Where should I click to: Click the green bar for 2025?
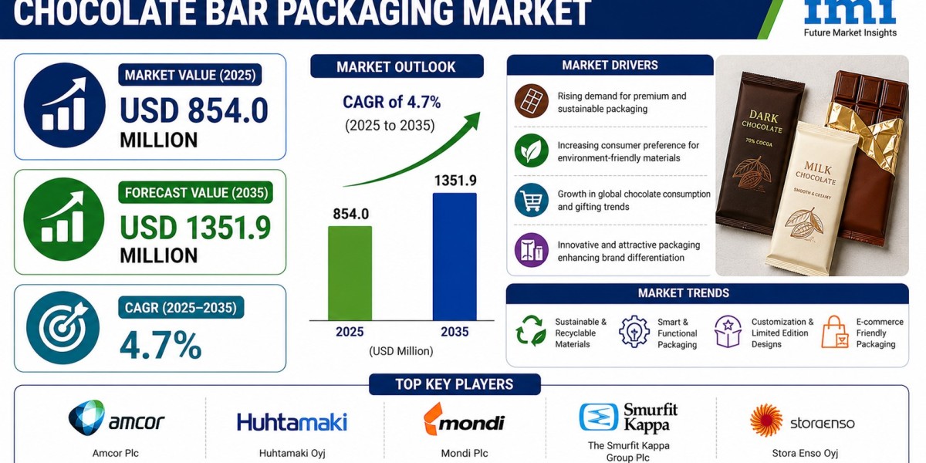tap(350, 273)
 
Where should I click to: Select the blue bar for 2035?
tap(455, 257)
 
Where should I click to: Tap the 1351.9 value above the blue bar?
tap(455, 181)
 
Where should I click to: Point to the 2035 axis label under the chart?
tap(455, 332)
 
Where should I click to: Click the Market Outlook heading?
tap(397, 66)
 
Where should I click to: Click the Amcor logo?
tap(117, 418)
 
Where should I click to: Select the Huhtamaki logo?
tap(292, 422)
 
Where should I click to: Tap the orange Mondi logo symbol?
tap(433, 418)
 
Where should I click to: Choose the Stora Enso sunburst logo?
tap(766, 421)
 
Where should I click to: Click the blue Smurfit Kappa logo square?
tap(599, 417)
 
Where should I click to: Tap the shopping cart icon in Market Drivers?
tap(531, 200)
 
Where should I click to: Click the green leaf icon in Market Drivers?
tap(531, 150)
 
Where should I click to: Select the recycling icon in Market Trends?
tap(531, 330)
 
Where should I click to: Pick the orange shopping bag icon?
tap(835, 332)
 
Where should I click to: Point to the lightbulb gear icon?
tap(634, 331)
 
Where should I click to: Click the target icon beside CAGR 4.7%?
tap(63, 328)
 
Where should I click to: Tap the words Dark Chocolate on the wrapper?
tap(762, 122)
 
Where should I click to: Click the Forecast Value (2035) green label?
tap(196, 193)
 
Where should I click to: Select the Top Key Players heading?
tap(455, 384)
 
